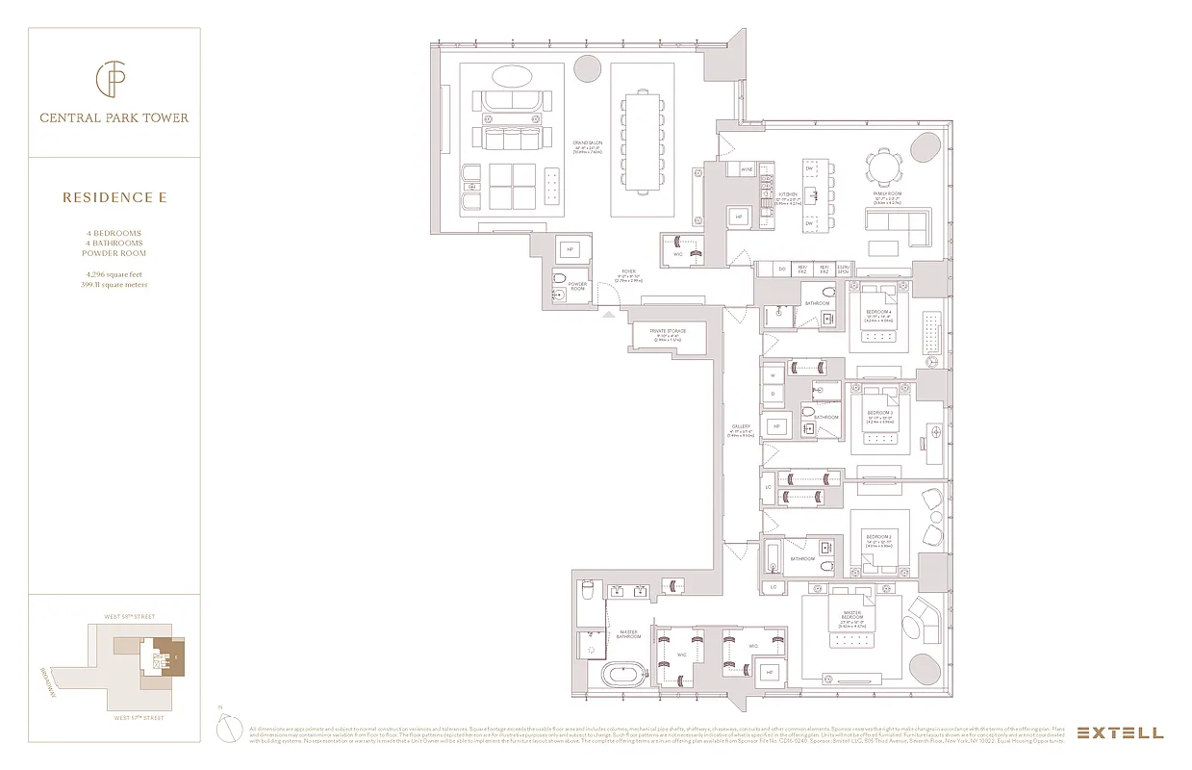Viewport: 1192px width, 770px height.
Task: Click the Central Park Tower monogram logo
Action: (x=114, y=81)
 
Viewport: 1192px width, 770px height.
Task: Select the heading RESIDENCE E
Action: (x=114, y=197)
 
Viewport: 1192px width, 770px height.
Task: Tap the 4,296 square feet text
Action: (x=114, y=275)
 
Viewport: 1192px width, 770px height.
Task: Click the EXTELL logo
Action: (x=1120, y=732)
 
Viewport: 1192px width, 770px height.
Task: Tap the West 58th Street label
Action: (x=129, y=617)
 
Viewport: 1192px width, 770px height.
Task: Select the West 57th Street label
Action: (x=139, y=717)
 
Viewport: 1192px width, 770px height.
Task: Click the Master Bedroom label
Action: (x=852, y=615)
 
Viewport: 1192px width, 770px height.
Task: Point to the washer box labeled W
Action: (x=772, y=376)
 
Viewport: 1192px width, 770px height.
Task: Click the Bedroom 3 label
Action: (x=878, y=413)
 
